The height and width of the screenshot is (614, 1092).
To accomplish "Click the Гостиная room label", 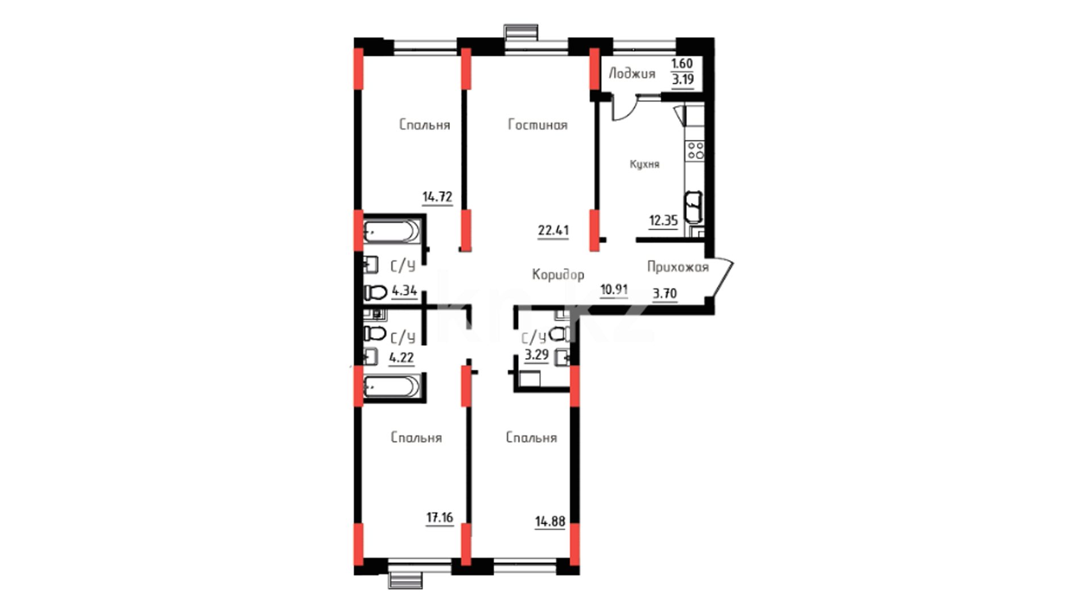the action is point(537,125).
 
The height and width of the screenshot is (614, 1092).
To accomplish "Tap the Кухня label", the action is point(644,164).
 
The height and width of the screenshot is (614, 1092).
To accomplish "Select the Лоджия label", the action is point(632,73).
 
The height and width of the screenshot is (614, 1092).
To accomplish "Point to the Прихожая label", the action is point(678,267).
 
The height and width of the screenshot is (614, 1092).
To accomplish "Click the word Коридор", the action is point(558,275).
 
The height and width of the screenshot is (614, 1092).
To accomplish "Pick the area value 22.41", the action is point(553,230).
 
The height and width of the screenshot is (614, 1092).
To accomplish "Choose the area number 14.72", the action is point(437,197).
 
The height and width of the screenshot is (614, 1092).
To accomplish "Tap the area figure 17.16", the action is point(440,517).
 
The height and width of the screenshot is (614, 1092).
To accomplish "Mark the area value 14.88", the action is point(550,521).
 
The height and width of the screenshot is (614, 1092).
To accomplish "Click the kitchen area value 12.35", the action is point(664,221).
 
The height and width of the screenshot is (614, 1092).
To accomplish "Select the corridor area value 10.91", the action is point(614,289).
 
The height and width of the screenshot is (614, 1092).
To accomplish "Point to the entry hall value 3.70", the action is point(665,293).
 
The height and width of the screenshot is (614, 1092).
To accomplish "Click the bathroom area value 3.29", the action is point(536,356).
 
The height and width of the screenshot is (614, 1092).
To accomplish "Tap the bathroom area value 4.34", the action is point(404,291).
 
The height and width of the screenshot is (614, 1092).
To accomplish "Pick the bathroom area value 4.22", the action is point(401,358).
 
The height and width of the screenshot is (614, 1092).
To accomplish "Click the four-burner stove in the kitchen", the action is point(696,151).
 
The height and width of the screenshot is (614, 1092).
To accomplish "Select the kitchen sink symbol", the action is point(694,207).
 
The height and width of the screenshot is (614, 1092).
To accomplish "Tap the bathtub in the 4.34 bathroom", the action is point(392,232).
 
